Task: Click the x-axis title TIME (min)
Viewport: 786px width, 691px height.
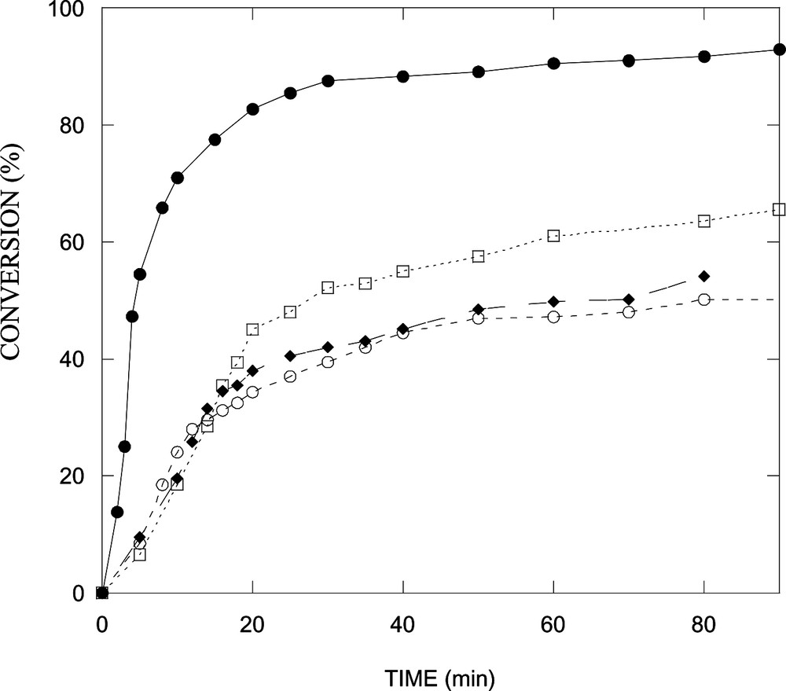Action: click(440, 674)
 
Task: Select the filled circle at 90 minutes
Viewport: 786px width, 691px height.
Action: click(779, 50)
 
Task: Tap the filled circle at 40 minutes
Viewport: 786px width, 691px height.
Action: click(402, 76)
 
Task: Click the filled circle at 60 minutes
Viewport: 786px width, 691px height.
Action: click(553, 64)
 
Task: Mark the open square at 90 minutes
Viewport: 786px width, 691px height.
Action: click(779, 209)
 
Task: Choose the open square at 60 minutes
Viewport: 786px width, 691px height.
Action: click(553, 236)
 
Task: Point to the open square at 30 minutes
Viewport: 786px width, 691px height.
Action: click(328, 288)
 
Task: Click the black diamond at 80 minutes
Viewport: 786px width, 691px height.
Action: click(703, 276)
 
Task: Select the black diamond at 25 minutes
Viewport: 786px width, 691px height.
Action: click(290, 356)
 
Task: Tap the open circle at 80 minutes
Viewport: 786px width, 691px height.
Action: click(703, 300)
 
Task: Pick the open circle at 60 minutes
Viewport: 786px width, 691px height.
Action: click(553, 317)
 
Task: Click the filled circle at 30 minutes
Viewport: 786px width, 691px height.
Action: click(328, 81)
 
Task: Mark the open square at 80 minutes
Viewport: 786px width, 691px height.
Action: click(703, 222)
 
